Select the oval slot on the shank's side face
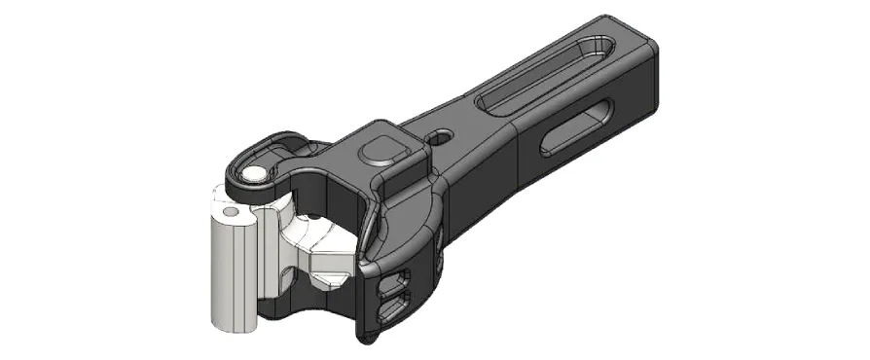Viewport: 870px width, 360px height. click(x=578, y=126)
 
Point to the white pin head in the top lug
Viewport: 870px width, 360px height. click(x=255, y=173)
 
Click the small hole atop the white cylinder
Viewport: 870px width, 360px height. click(x=231, y=211)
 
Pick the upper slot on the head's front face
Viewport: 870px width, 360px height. click(x=394, y=283)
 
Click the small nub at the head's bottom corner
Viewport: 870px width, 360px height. click(x=367, y=340)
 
